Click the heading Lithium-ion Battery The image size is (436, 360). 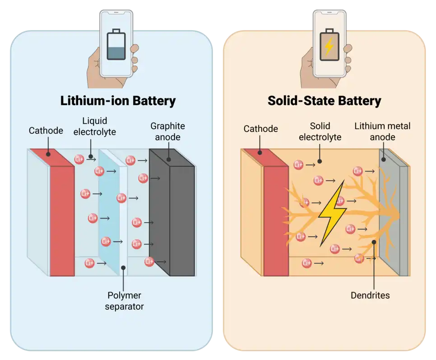pyautogui.click(x=118, y=100)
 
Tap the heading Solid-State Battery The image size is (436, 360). pyautogui.click(x=324, y=100)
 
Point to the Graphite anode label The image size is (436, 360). pyautogui.click(x=167, y=131)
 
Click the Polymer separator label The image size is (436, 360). pyautogui.click(x=124, y=301)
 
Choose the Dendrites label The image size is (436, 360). pyautogui.click(x=370, y=296)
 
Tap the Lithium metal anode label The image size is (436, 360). pyautogui.click(x=382, y=131)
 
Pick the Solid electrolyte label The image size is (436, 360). pyautogui.click(x=320, y=131)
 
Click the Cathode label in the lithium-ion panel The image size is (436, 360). pyautogui.click(x=46, y=131)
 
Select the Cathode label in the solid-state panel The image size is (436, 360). pyautogui.click(x=260, y=129)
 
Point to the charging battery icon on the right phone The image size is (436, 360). pyautogui.click(x=329, y=45)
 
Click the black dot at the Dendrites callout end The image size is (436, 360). pyautogui.click(x=374, y=243)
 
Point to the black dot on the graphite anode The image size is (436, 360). pyautogui.click(x=168, y=159)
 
